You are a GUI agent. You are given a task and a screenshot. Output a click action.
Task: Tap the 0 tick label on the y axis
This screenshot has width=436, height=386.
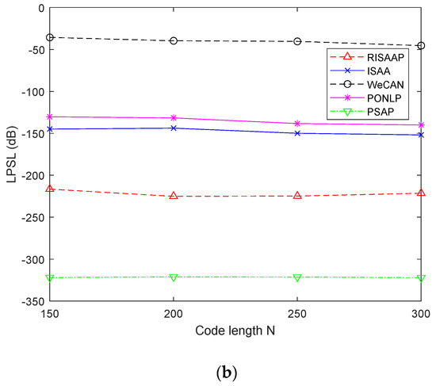pyautogui.click(x=41, y=7)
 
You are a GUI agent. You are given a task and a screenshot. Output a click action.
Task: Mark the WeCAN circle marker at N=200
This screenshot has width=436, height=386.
pyautogui.click(x=174, y=40)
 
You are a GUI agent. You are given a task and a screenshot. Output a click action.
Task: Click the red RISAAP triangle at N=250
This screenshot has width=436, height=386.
pyautogui.click(x=297, y=195)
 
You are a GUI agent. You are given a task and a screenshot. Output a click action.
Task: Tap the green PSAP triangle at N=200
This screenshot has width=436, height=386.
pyautogui.click(x=174, y=277)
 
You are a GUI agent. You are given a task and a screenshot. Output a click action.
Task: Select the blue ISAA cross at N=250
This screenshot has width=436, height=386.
pyautogui.click(x=297, y=133)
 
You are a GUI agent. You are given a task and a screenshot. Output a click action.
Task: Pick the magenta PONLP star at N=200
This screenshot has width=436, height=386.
pyautogui.click(x=174, y=118)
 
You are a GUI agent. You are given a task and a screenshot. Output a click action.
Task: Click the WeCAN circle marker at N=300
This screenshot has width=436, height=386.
pyautogui.click(x=421, y=46)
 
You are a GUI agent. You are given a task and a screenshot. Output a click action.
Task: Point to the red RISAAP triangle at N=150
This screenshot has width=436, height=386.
pyautogui.click(x=50, y=189)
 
